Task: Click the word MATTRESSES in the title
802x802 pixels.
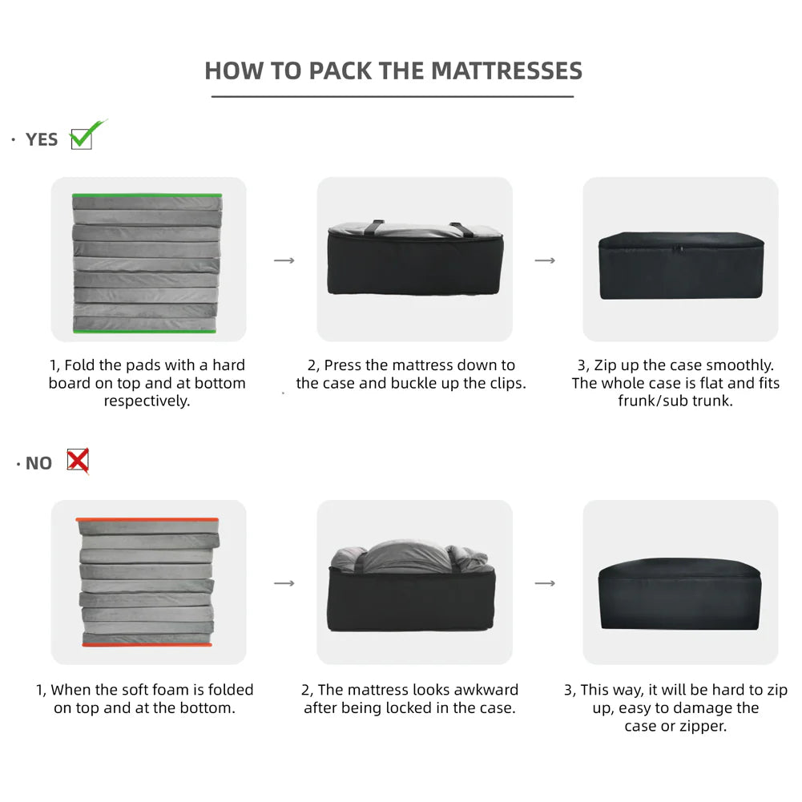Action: coord(506,71)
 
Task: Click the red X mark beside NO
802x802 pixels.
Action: coord(78,461)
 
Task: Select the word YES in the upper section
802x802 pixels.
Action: coord(42,139)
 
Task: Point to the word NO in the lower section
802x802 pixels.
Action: coord(39,463)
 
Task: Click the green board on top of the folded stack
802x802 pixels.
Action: coord(147,195)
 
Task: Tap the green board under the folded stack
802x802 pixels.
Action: coord(145,332)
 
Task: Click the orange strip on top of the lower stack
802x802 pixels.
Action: coord(147,520)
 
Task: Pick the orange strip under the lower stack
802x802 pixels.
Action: coord(147,644)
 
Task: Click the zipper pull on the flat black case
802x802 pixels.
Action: coord(679,249)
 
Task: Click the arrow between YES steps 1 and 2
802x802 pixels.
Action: coord(284,260)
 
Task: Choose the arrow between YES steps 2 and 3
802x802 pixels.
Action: coord(546,260)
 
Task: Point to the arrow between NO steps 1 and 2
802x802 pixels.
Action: coord(284,583)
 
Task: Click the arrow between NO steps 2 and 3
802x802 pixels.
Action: coord(546,583)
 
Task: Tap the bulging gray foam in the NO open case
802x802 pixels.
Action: coord(409,557)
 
